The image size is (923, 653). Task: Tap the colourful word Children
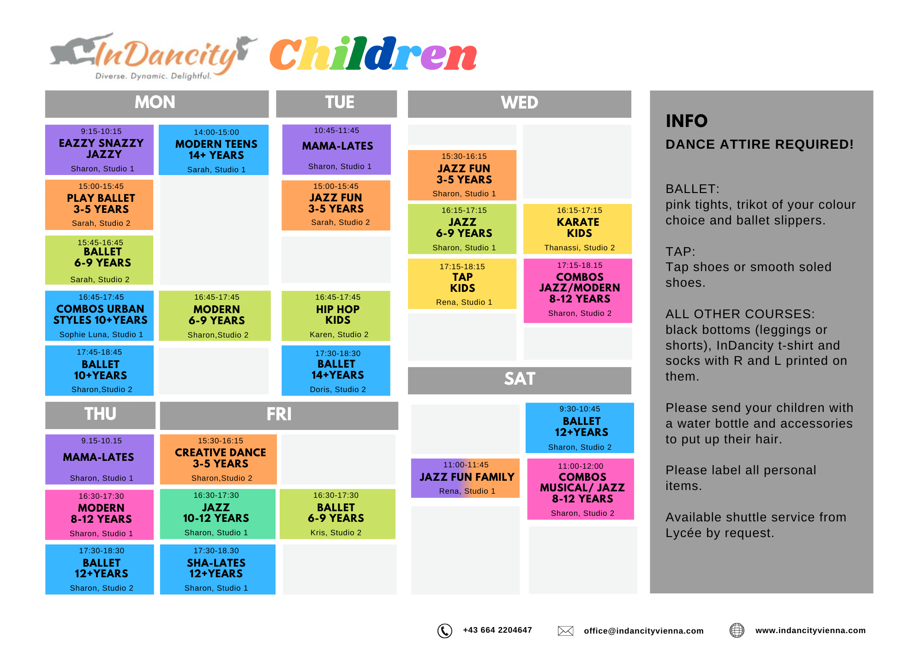pyautogui.click(x=373, y=54)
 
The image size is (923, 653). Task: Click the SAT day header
pyautogui.click(x=520, y=380)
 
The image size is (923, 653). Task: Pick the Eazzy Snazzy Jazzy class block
pyautogui.click(x=99, y=150)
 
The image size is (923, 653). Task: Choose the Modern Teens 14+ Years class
pyautogui.click(x=214, y=150)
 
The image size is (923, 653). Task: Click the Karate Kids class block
pyautogui.click(x=577, y=229)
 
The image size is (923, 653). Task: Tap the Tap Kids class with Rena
pyautogui.click(x=462, y=284)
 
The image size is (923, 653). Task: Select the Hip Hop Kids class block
pyautogui.click(x=336, y=315)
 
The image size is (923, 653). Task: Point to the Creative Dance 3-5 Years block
pyautogui.click(x=218, y=459)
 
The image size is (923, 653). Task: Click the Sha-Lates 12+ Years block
pyautogui.click(x=218, y=569)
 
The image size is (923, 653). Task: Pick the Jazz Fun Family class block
pyautogui.click(x=465, y=478)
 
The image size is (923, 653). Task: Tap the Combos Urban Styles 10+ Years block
pyautogui.click(x=99, y=315)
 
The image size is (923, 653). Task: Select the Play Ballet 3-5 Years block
pyautogui.click(x=99, y=205)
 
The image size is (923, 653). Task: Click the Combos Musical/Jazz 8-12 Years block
pyautogui.click(x=581, y=489)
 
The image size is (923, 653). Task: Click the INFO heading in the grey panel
pyautogui.click(x=686, y=121)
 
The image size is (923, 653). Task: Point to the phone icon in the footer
pyautogui.click(x=445, y=630)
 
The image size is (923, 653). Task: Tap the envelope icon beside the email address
pyautogui.click(x=565, y=631)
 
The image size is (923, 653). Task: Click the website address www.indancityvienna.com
pyautogui.click(x=810, y=630)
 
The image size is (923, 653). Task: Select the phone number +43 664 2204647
pyautogui.click(x=497, y=630)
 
